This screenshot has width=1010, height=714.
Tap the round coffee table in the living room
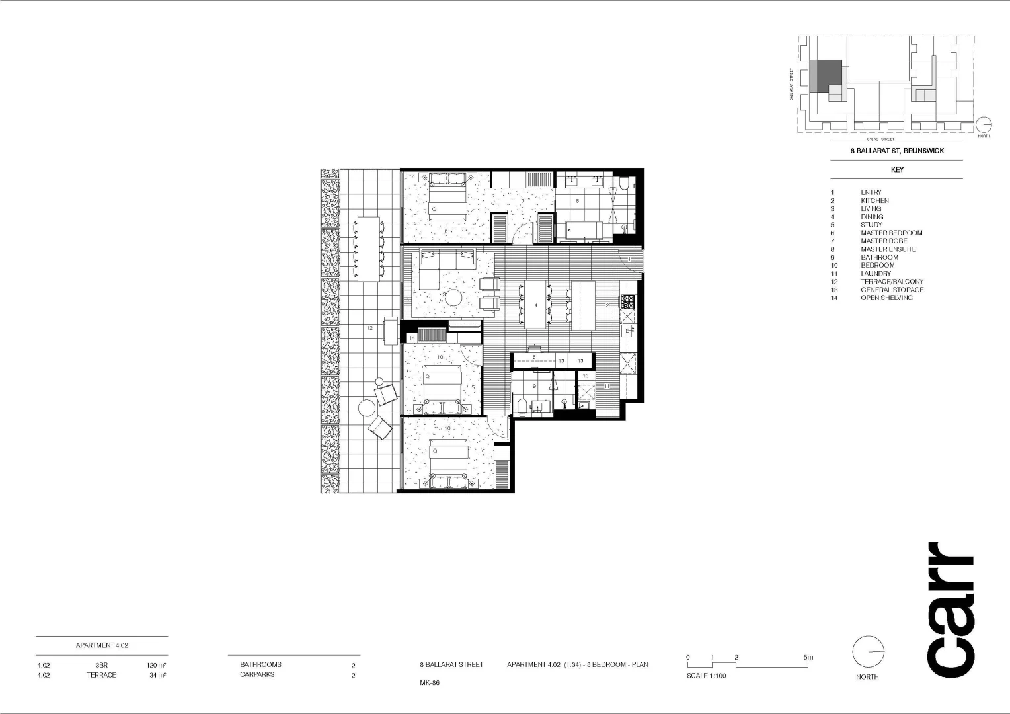pyautogui.click(x=454, y=297)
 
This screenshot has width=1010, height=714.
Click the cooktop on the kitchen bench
pyautogui.click(x=627, y=302)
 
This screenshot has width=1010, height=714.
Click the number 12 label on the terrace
pyautogui.click(x=369, y=328)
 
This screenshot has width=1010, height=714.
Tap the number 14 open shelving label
pyautogui.click(x=412, y=338)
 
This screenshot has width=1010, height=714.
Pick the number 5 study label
pyautogui.click(x=534, y=358)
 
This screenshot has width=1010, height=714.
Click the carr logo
pyautogui.click(x=951, y=610)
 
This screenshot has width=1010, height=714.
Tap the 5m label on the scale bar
pyautogui.click(x=808, y=658)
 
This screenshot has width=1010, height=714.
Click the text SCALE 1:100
pyautogui.click(x=706, y=676)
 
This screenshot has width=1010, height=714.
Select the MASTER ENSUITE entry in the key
pyautogui.click(x=888, y=249)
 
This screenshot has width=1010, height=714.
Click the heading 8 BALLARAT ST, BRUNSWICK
pyautogui.click(x=896, y=151)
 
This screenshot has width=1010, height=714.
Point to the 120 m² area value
pyautogui.click(x=156, y=665)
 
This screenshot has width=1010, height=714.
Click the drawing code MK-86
pyautogui.click(x=429, y=683)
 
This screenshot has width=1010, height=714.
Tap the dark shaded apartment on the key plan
pyautogui.click(x=830, y=75)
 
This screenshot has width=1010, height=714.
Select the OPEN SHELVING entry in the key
pyautogui.click(x=886, y=298)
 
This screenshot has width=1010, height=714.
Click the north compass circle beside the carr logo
pyautogui.click(x=868, y=653)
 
